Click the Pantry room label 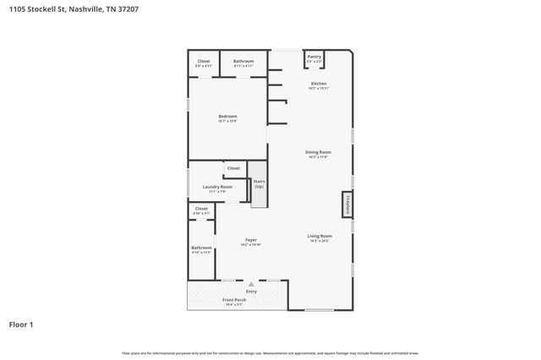[314, 57]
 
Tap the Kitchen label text [319, 84]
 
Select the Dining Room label [318, 152]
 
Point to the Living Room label [319, 236]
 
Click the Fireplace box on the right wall [347, 205]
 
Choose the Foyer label [251, 240]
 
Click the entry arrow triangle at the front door [251, 285]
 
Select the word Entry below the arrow [251, 292]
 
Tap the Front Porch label [233, 300]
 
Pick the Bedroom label [227, 116]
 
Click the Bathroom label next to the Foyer [201, 248]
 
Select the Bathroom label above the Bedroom [243, 61]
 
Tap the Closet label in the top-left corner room [204, 61]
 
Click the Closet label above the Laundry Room [233, 168]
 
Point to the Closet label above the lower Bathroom [201, 208]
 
